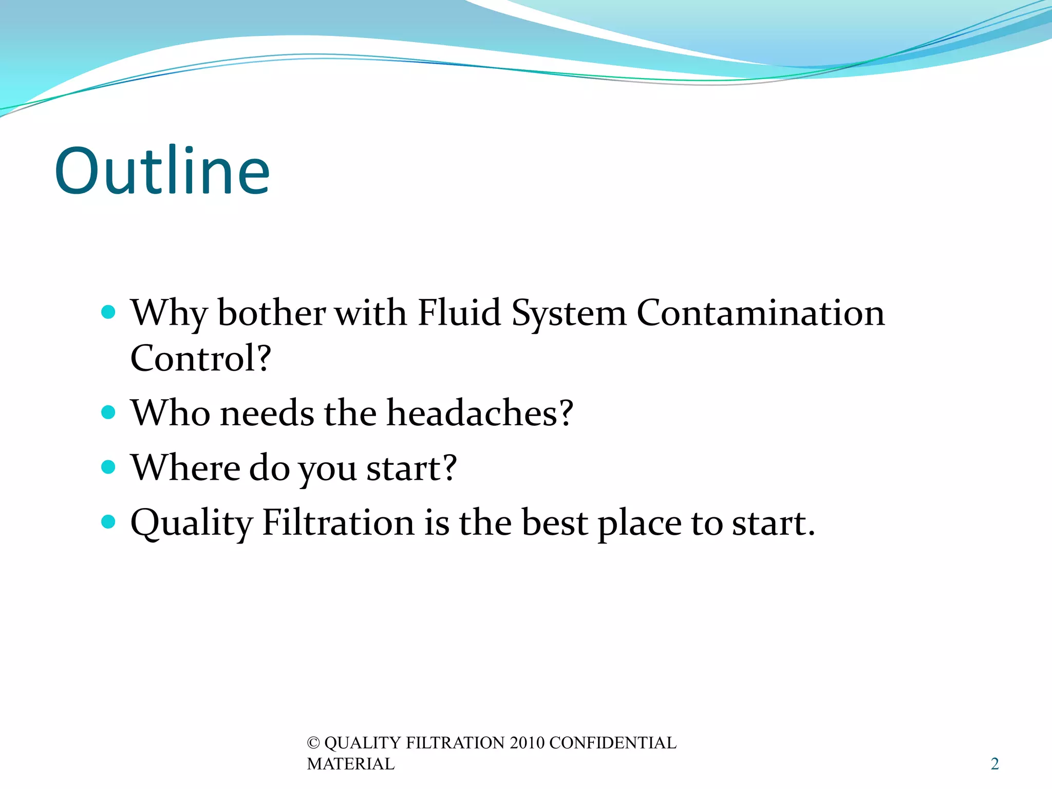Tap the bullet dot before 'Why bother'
point(108,312)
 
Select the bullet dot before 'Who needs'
point(108,412)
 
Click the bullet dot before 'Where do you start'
point(108,467)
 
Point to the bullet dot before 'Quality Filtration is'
point(108,522)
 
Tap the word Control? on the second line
point(201,358)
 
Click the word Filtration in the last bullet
point(338,522)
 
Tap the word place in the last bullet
point(639,523)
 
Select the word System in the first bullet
point(569,313)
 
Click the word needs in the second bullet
point(267,414)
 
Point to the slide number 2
point(995,764)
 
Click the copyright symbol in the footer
point(313,743)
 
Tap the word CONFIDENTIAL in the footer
point(613,743)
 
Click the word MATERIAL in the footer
point(351,764)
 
